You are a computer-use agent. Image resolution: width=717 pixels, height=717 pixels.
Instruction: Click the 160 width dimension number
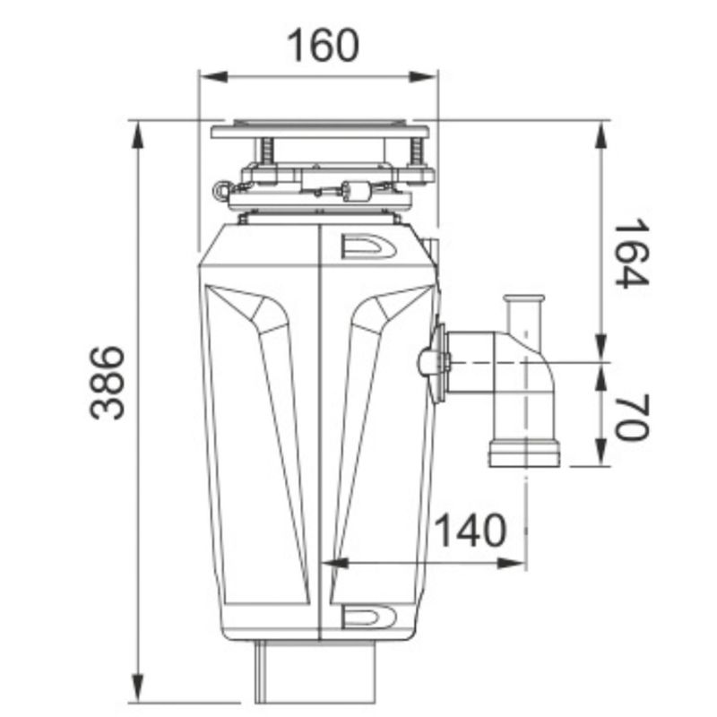323,46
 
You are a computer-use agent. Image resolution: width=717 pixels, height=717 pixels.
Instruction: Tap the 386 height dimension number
107,383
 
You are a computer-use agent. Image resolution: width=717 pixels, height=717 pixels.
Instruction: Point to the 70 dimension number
632,416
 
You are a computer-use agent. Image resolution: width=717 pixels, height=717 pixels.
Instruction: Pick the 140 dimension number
471,530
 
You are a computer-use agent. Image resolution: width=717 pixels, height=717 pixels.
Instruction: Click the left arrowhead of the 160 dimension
213,77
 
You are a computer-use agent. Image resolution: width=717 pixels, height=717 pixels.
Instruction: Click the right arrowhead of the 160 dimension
424,77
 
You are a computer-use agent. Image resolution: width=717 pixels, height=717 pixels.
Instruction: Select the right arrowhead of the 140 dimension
511,563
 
